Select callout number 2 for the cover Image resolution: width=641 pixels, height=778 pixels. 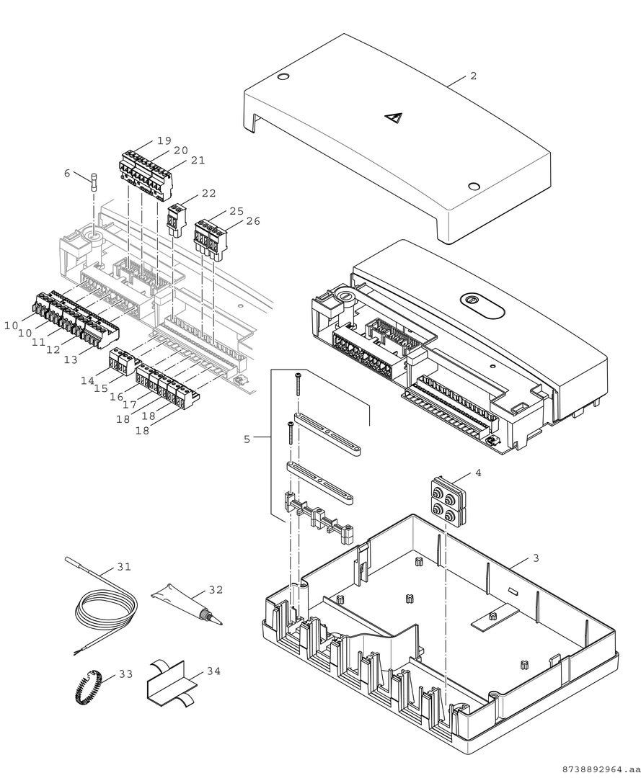coord(473,76)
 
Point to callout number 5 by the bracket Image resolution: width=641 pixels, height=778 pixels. coord(247,438)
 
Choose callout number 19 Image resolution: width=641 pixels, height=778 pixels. coord(164,140)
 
